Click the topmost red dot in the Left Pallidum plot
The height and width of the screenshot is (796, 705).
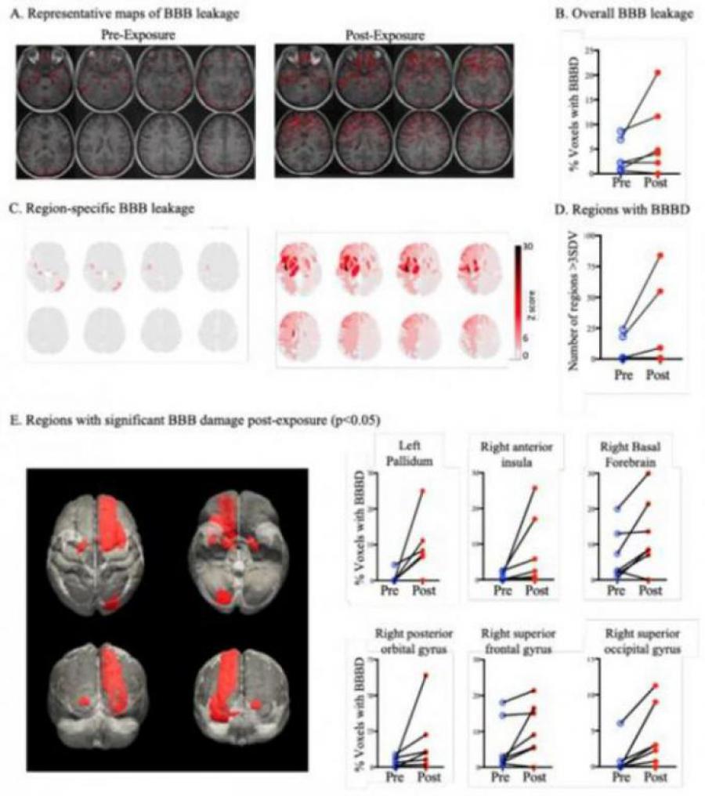click(x=422, y=491)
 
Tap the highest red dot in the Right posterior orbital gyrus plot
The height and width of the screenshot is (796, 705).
click(x=425, y=675)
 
